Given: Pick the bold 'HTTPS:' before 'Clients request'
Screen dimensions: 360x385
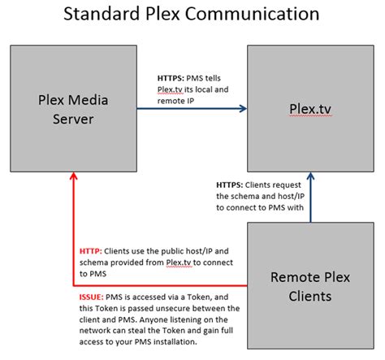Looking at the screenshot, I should pyautogui.click(x=231, y=184).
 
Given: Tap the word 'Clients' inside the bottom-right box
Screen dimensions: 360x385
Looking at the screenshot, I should pyautogui.click(x=310, y=296).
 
